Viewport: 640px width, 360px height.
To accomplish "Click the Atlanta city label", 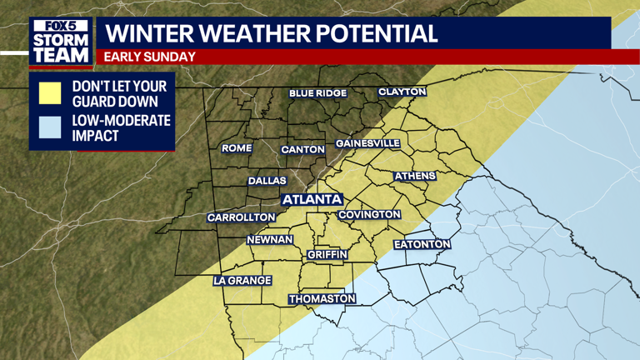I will [312, 199].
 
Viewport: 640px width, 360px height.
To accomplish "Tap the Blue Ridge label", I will [317, 93].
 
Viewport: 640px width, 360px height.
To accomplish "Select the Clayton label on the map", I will [402, 92].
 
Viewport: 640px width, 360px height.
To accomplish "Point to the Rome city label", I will [236, 148].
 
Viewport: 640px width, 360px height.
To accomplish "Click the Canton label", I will [302, 149].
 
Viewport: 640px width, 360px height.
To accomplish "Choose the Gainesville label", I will [367, 143].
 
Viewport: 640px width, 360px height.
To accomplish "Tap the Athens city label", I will [414, 177].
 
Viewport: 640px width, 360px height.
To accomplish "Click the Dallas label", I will [267, 181].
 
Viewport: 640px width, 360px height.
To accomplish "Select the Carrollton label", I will [241, 217].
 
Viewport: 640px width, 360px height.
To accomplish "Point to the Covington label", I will [370, 215].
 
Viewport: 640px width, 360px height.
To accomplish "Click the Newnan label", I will [270, 240].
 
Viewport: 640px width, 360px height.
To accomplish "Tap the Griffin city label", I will [327, 254].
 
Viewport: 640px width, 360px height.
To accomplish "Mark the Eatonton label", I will [422, 244].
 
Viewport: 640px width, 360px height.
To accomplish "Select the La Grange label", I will [242, 281].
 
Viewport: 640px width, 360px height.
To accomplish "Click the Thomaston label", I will [322, 299].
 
